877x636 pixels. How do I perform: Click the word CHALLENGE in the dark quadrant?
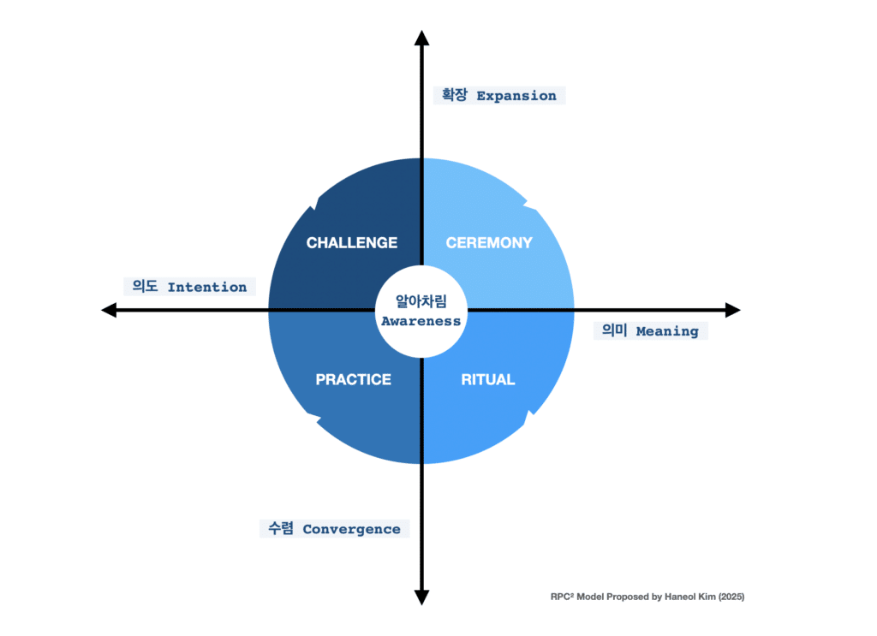352,243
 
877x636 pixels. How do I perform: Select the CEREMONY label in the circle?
489,243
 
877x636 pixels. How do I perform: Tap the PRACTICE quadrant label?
353,379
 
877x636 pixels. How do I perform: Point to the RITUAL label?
488,379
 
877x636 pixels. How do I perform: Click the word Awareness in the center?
421,322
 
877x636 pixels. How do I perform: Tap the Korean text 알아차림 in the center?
421,302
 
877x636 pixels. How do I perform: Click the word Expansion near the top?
516,96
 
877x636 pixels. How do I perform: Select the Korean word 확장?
454,96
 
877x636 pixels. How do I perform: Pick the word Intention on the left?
206,288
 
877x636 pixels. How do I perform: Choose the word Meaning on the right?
667,331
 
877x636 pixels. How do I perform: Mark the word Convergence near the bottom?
351,529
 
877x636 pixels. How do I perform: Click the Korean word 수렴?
280,529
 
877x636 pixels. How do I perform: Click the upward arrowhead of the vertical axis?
421,37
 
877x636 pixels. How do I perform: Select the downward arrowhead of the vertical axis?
421,597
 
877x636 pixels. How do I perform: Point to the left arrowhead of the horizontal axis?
109,310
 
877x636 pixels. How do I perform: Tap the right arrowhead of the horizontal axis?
732,310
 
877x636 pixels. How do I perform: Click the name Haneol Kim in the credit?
687,597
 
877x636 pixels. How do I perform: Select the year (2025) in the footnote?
727,597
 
